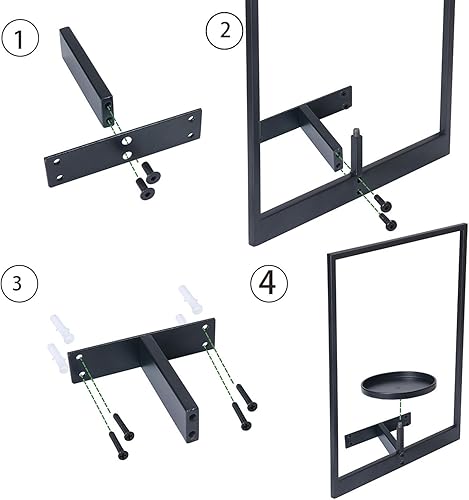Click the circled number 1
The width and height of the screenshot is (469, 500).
pyautogui.click(x=20, y=39)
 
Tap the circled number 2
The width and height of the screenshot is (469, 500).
pyautogui.click(x=225, y=30)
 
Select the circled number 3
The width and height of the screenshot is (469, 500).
pyautogui.click(x=18, y=284)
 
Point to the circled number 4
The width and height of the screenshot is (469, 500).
pyautogui.click(x=269, y=283)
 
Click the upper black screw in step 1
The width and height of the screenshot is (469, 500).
pyautogui.click(x=151, y=173)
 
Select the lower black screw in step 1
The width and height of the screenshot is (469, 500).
pyautogui.click(x=145, y=189)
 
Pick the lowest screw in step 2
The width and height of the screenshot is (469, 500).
pyautogui.click(x=389, y=222)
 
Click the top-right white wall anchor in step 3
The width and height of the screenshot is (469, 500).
pyautogui.click(x=191, y=299)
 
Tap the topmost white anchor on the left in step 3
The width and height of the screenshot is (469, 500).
pyautogui.click(x=62, y=329)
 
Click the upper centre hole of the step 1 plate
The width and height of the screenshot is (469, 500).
pyautogui.click(x=126, y=141)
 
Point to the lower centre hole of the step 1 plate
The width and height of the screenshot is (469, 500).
pyautogui.click(x=126, y=155)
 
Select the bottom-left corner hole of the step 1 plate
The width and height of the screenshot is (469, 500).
pyautogui.click(x=60, y=177)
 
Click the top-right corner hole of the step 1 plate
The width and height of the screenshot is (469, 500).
pyautogui.click(x=191, y=118)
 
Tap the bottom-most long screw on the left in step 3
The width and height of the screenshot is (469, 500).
pyautogui.click(x=118, y=446)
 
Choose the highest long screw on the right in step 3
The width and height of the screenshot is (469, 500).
pyautogui.click(x=247, y=397)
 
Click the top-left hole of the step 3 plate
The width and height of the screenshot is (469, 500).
pyautogui.click(x=79, y=357)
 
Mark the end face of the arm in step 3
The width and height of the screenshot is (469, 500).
pyautogui.click(x=193, y=423)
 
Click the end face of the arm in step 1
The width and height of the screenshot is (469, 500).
pyautogui.click(x=108, y=112)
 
